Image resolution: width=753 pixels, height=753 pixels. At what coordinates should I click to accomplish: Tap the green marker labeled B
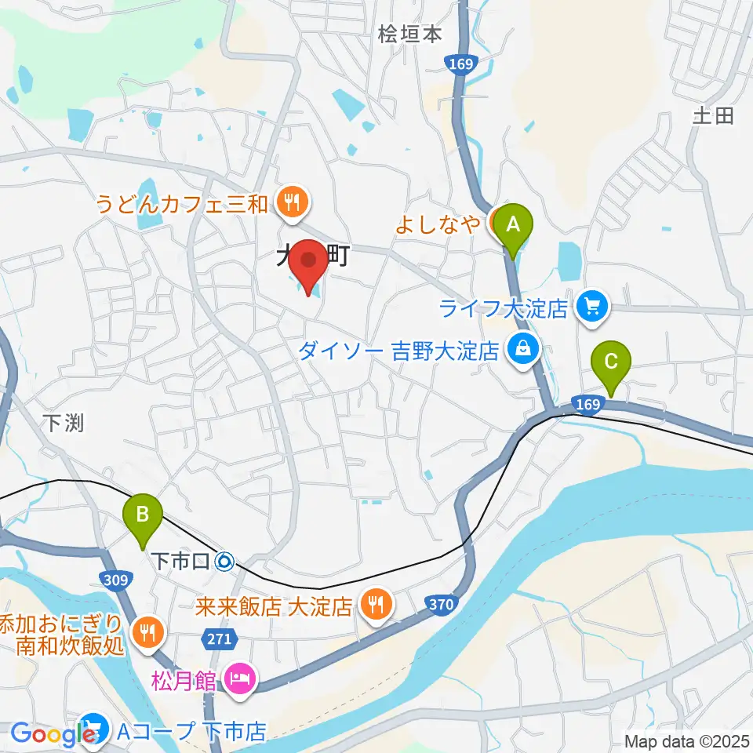coord(143,516)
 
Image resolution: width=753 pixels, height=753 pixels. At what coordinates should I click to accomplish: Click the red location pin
coord(308,264)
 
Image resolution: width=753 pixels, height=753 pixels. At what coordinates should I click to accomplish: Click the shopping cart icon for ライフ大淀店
coord(592,306)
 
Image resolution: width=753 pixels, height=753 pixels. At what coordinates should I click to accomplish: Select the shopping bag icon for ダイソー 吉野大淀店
coord(522,347)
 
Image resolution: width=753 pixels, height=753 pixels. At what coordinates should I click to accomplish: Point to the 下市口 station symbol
coord(224,561)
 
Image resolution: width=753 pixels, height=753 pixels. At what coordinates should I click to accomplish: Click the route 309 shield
coord(114,580)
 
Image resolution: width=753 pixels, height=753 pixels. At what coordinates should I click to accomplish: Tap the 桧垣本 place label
coord(409,34)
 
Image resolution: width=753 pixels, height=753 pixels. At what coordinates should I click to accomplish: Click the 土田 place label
coord(712,116)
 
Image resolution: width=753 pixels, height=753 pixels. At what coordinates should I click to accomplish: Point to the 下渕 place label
coord(63,423)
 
